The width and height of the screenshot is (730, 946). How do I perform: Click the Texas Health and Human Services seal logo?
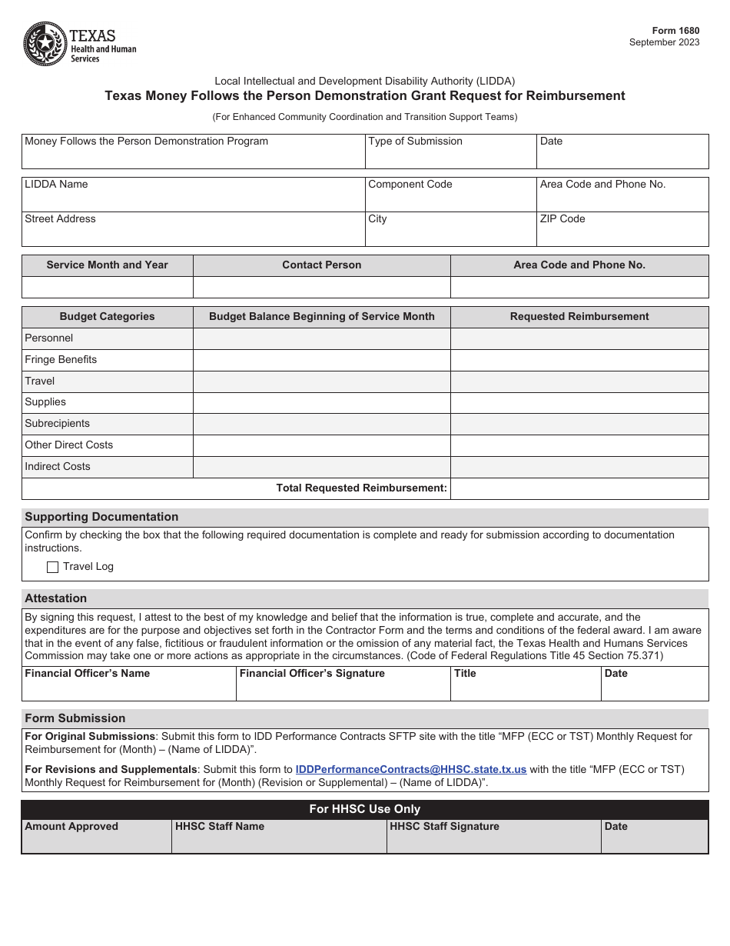(x=45, y=44)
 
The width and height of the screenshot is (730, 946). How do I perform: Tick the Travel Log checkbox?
(x=53, y=567)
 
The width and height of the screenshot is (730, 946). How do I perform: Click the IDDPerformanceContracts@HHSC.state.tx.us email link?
(x=411, y=769)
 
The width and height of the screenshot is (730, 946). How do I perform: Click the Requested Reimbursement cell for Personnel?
(x=579, y=338)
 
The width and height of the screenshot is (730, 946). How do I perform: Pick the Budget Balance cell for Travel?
(x=321, y=381)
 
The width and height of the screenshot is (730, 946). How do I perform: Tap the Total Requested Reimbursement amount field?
(x=579, y=488)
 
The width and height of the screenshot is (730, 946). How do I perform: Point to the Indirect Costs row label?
(x=58, y=467)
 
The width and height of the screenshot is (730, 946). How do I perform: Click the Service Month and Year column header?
(x=107, y=265)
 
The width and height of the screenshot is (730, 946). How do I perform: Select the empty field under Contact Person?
(x=321, y=288)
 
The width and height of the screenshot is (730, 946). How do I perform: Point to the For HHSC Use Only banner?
(x=365, y=809)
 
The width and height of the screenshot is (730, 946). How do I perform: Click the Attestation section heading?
(x=56, y=598)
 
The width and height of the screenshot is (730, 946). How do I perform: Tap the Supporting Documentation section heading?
(x=101, y=517)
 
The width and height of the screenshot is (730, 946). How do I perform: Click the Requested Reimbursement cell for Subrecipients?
(x=579, y=424)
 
